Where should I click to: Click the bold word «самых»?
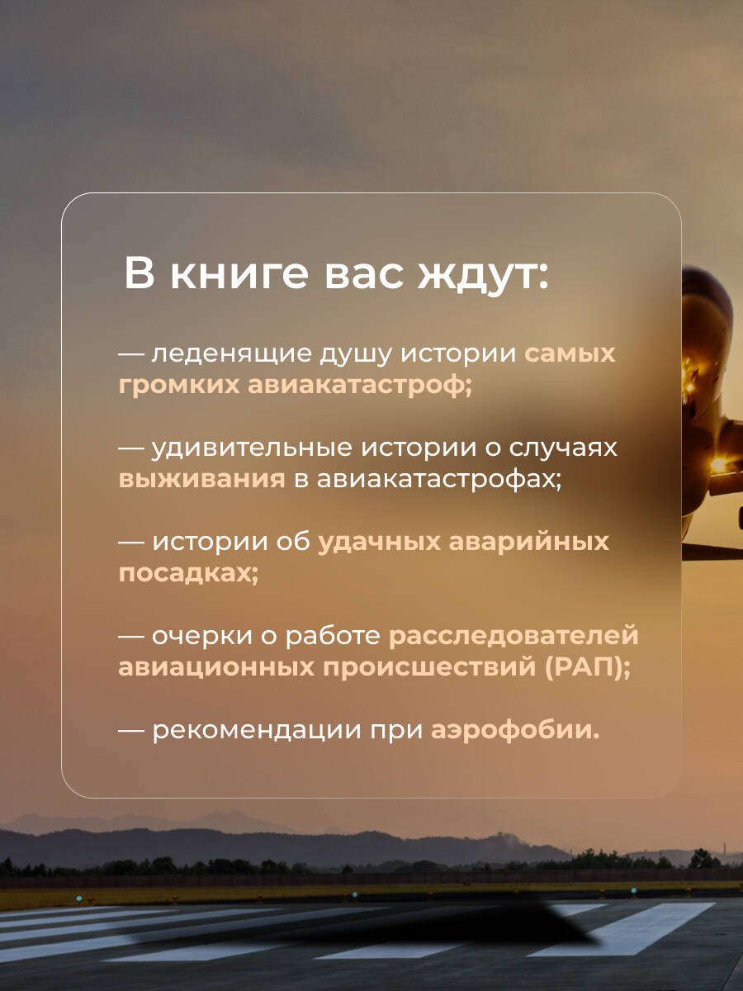click(570, 353)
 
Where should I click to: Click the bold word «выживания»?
click(202, 479)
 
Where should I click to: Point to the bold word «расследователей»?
click(513, 636)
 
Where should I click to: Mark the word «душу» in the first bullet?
click(346, 353)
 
